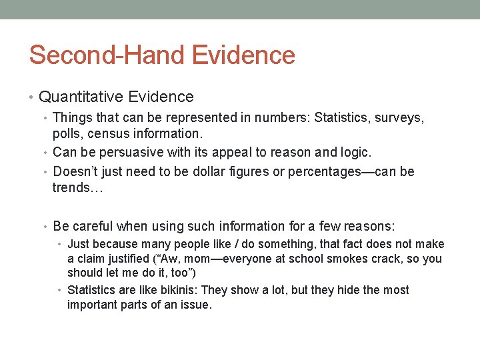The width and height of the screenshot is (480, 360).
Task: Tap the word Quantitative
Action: (80, 97)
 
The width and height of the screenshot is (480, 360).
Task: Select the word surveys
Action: (398, 118)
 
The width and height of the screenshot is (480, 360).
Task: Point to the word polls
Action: (67, 134)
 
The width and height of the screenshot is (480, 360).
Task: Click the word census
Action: (109, 134)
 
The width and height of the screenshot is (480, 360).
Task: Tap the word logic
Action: (353, 153)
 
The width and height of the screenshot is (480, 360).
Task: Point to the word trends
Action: (71, 187)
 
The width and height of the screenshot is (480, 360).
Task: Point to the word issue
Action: (193, 305)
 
